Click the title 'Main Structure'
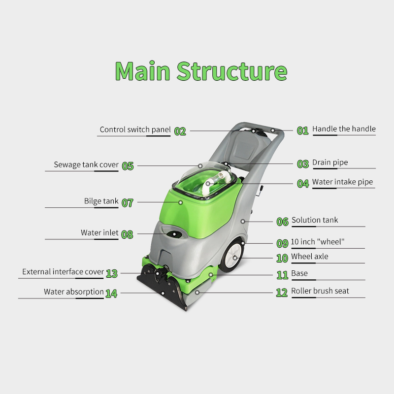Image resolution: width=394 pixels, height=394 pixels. (x=201, y=71)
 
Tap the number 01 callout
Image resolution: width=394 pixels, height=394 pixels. (x=302, y=131)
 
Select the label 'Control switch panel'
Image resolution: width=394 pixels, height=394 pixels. (x=135, y=130)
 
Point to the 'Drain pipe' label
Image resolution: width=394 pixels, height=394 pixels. (x=330, y=163)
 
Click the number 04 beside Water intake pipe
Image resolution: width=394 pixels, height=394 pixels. (x=303, y=183)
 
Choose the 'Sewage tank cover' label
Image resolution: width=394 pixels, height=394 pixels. (x=86, y=164)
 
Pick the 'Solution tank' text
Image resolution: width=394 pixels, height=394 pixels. (x=315, y=220)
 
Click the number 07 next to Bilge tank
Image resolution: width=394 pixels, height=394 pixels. (x=127, y=202)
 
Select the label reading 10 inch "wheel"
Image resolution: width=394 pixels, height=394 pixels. (x=318, y=242)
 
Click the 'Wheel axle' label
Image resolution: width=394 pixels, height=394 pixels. (x=309, y=257)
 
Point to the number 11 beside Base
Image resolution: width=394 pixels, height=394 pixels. (x=282, y=275)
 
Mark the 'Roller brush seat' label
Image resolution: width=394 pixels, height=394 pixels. (x=320, y=291)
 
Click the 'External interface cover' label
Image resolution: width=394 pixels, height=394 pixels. (x=63, y=272)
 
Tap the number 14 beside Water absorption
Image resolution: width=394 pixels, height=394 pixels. (x=111, y=294)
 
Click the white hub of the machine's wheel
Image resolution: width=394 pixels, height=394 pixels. (x=235, y=257)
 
